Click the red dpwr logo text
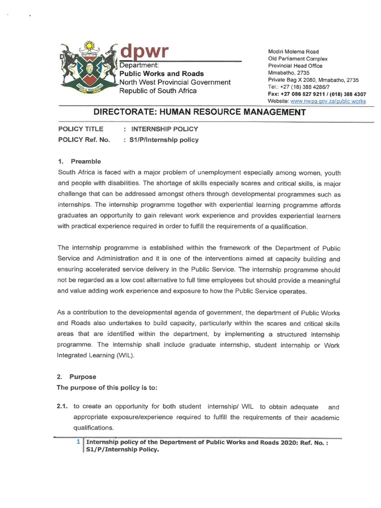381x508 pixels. pyautogui.click(x=145, y=51)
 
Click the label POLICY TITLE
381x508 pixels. pyautogui.click(x=81, y=129)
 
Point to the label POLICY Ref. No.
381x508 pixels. pyautogui.click(x=84, y=139)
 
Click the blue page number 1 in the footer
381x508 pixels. pyautogui.click(x=77, y=441)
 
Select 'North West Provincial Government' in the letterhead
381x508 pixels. pyautogui.click(x=175, y=82)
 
